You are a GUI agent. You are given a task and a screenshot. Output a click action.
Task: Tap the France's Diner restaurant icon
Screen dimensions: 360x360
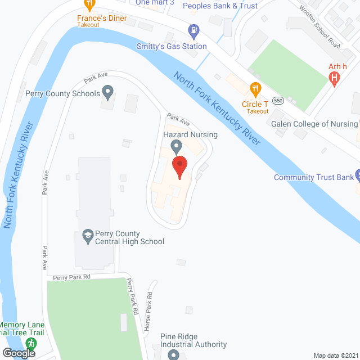click(x=89, y=4)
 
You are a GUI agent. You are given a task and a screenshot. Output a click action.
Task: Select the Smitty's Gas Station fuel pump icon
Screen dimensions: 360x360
click(x=194, y=30)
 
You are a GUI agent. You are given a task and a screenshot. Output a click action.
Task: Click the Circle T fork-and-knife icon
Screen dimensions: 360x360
click(x=255, y=88)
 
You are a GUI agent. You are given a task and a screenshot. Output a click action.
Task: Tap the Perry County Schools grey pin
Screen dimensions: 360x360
click(x=109, y=91)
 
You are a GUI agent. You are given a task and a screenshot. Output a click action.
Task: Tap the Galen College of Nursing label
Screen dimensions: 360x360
click(x=314, y=124)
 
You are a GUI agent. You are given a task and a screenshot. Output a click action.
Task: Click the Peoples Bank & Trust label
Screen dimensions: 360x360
click(x=220, y=6)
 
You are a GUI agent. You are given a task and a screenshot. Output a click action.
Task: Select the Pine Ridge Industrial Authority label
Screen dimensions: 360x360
click(x=193, y=340)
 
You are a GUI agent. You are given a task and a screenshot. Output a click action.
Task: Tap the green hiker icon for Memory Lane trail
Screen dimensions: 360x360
click(x=31, y=343)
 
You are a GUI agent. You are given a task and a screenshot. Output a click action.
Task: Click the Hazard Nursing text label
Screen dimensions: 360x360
click(x=190, y=135)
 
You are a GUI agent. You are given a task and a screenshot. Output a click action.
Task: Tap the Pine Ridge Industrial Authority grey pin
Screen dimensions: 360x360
click(x=173, y=354)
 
